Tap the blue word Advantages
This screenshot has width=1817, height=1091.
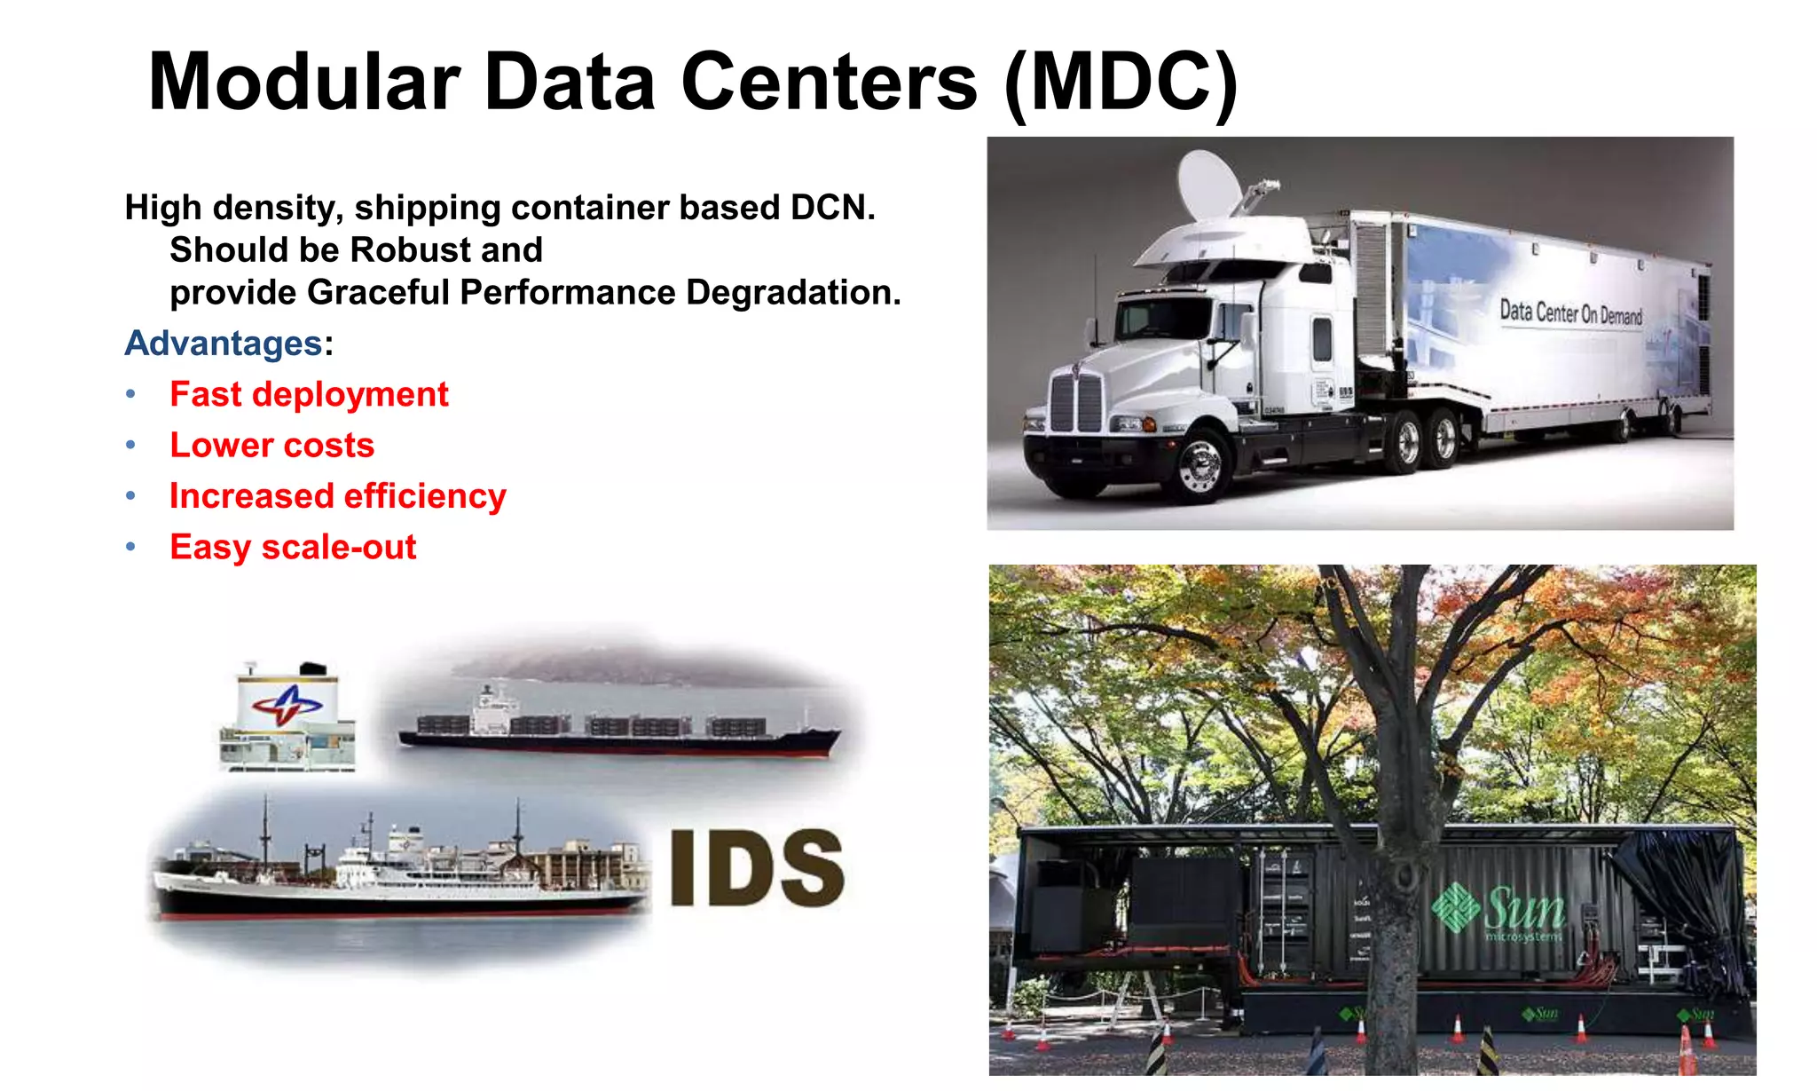pyautogui.click(x=223, y=344)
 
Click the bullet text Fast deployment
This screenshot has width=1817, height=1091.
pyautogui.click(x=309, y=394)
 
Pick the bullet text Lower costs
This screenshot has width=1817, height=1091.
pyautogui.click(x=271, y=445)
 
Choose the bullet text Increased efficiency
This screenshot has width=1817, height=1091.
pyautogui.click(x=337, y=496)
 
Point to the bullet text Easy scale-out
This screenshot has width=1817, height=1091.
pyautogui.click(x=293, y=547)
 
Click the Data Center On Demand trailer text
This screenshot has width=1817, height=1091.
pyautogui.click(x=1570, y=312)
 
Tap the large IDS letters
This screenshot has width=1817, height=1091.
pyautogui.click(x=756, y=868)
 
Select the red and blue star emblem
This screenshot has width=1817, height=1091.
pyautogui.click(x=286, y=705)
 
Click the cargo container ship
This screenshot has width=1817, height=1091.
pyautogui.click(x=618, y=729)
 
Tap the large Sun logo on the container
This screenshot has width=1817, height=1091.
pyautogui.click(x=1499, y=908)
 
